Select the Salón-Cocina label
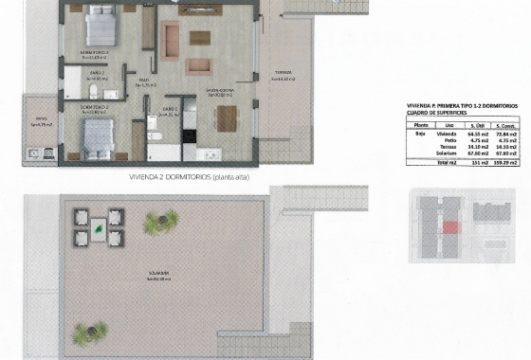click(221, 92)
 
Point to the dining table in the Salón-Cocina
click(227, 118)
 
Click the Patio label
click(40, 122)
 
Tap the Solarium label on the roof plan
click(158, 276)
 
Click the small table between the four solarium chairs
click(100, 227)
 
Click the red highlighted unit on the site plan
click(451, 226)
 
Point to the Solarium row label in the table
click(447, 155)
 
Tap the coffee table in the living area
click(200, 39)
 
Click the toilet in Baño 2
click(96, 91)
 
